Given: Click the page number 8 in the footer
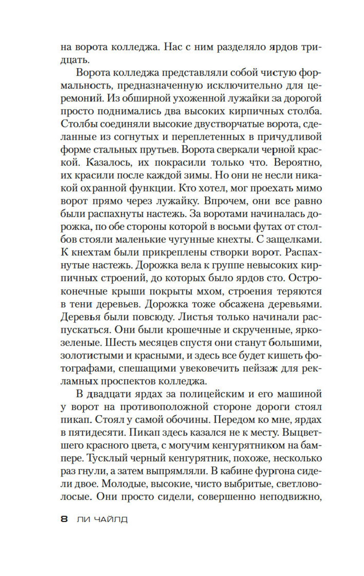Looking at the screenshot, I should tap(64, 519).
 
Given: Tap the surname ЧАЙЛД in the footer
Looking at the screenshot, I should tap(111, 519).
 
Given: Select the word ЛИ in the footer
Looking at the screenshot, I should tap(83, 519).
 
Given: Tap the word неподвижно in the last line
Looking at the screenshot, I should tap(289, 497).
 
